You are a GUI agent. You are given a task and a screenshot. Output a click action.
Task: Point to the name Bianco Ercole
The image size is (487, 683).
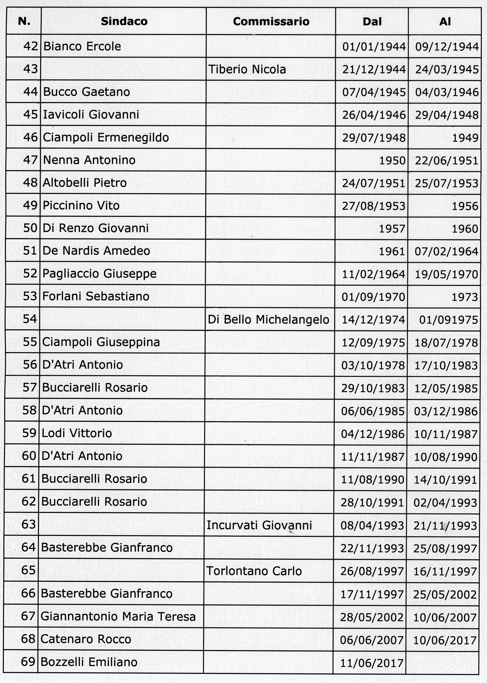click(x=82, y=46)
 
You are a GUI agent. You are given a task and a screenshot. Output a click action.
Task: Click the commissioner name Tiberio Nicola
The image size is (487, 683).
click(x=247, y=69)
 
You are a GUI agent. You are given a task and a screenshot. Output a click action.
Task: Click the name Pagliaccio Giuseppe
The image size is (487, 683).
click(x=100, y=274)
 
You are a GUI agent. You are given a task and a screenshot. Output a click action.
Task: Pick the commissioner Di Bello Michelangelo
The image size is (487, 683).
click(x=268, y=319)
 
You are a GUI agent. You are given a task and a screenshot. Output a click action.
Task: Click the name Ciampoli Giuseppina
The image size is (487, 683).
click(x=101, y=342)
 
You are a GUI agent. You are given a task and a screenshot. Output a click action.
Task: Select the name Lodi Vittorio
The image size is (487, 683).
click(x=77, y=433)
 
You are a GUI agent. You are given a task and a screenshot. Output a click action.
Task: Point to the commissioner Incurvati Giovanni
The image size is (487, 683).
click(x=259, y=525)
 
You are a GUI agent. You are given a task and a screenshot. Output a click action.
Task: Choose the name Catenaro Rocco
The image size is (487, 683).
click(x=86, y=639)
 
